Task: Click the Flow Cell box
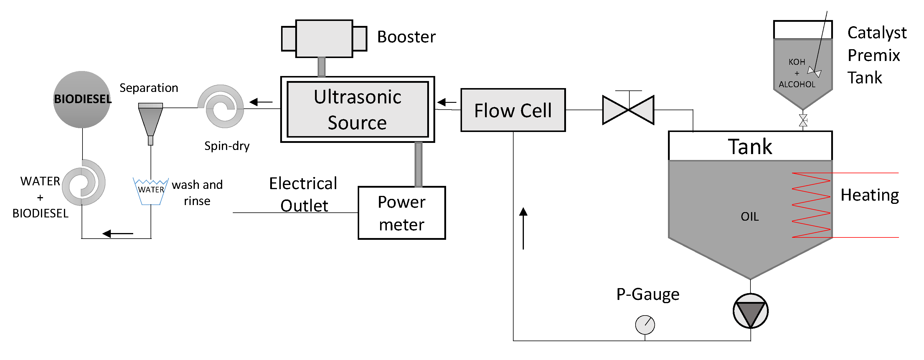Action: [513, 110]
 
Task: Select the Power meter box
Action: [401, 213]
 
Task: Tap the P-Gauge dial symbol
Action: [645, 325]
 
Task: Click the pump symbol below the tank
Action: [750, 311]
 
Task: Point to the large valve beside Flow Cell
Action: [628, 110]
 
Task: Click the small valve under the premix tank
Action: [803, 120]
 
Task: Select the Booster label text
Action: [406, 37]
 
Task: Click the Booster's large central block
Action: [324, 39]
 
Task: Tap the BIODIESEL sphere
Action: [82, 100]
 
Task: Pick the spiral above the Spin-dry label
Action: [221, 106]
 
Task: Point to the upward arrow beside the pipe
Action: [523, 228]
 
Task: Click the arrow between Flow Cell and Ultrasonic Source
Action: [447, 103]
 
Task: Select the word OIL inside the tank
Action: [750, 217]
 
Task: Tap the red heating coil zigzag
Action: [811, 205]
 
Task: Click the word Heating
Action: [869, 195]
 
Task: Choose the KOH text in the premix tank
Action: [797, 62]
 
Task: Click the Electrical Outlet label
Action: [303, 194]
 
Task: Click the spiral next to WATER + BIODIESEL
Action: [84, 183]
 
